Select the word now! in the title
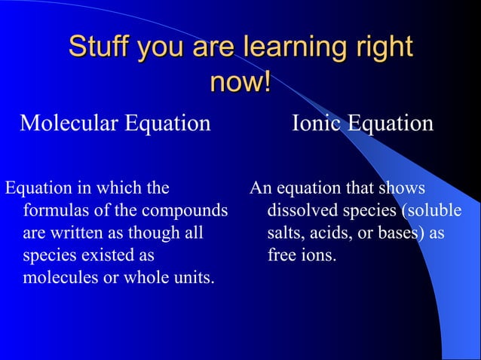(240, 81)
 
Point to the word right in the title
(384, 47)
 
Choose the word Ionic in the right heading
(317, 123)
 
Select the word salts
(284, 233)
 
